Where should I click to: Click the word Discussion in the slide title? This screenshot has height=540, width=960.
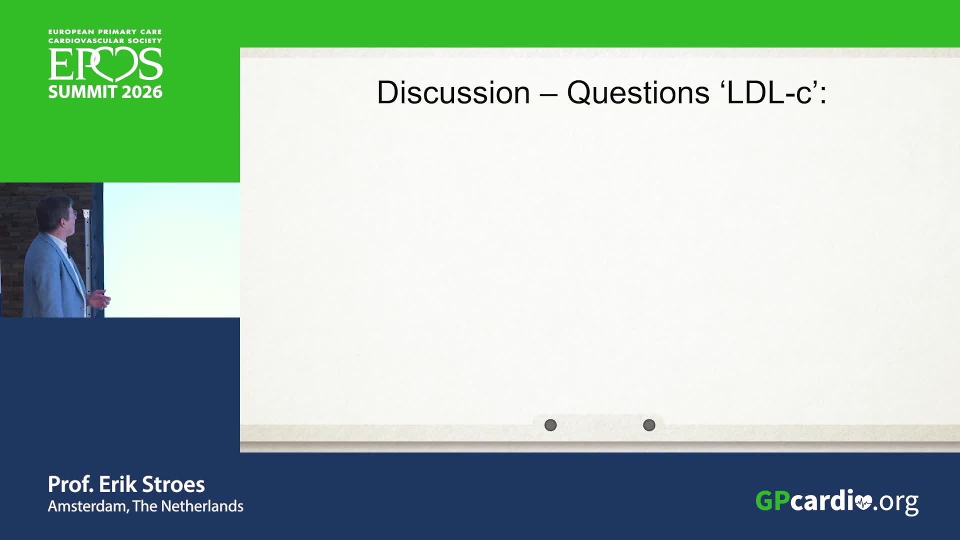coord(453,92)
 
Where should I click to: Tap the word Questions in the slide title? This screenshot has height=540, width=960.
coord(638,93)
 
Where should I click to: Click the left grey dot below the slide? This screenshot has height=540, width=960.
coord(550,425)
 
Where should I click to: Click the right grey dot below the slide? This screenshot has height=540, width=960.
coord(649,425)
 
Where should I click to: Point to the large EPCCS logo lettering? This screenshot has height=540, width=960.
coord(105,65)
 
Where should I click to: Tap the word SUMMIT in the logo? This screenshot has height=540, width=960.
coord(82,92)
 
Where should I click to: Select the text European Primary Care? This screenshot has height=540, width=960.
coord(105,32)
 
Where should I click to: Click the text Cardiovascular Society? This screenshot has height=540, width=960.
coord(105,41)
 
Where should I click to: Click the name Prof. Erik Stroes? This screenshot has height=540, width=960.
coord(126,484)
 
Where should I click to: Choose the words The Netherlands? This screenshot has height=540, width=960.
coord(188,506)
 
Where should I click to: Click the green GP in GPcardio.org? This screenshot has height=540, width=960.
coord(772,500)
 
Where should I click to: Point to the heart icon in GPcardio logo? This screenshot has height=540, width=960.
coord(863,502)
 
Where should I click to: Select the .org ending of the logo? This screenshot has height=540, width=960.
coord(896,502)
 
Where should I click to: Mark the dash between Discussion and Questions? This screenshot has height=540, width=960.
coord(548,93)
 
